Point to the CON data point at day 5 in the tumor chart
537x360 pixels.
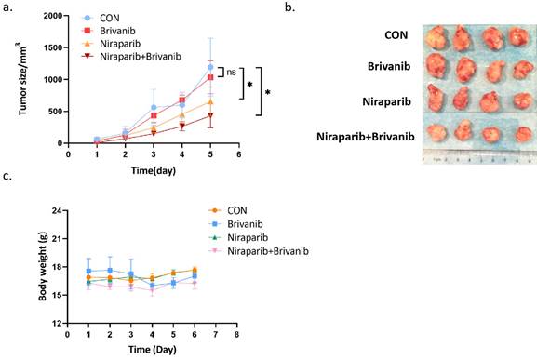[x=210, y=67]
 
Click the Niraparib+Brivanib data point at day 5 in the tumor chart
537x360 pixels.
[x=210, y=115]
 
